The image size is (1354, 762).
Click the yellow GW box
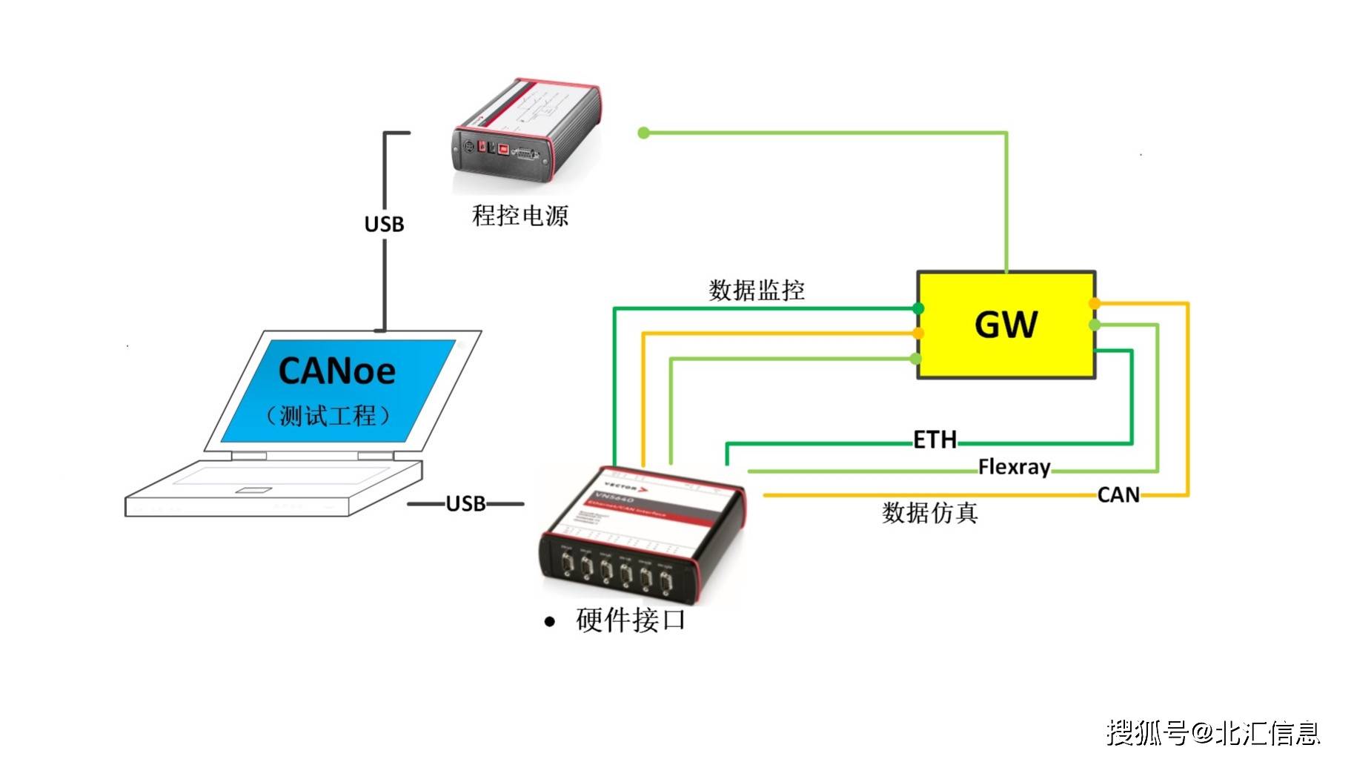[1006, 325]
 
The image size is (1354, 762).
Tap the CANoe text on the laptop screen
[336, 371]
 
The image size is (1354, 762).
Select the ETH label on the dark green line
[935, 440]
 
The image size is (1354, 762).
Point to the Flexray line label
[1014, 467]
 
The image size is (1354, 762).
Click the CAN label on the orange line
[1118, 494]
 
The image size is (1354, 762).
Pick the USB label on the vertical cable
[384, 224]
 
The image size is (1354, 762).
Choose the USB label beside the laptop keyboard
[465, 504]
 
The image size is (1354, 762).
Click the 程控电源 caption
[520, 216]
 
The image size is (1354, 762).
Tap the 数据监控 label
[757, 290]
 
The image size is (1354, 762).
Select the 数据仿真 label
[929, 512]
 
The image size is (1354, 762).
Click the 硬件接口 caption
[631, 620]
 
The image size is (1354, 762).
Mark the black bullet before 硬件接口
[549, 622]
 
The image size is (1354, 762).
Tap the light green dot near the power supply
[643, 133]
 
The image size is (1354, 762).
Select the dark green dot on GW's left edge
[918, 308]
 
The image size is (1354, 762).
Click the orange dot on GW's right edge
[1095, 303]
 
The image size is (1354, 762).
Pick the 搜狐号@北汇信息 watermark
[1213, 733]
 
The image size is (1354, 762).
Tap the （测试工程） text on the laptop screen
[328, 416]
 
